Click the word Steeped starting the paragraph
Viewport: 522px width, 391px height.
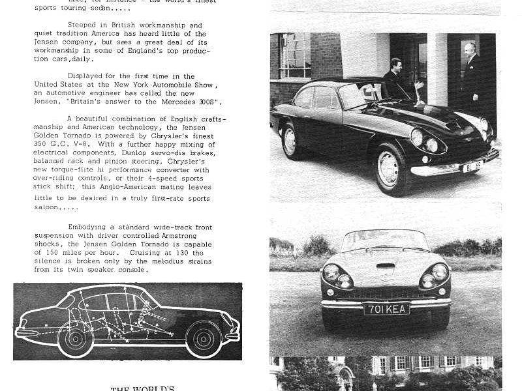tap(82, 25)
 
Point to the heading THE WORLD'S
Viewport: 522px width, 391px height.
tap(142, 389)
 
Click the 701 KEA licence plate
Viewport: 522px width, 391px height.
tap(386, 309)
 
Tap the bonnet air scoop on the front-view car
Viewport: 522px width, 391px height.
tap(385, 266)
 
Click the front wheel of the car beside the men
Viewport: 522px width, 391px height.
tap(389, 171)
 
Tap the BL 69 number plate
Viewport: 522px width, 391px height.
tap(472, 167)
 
